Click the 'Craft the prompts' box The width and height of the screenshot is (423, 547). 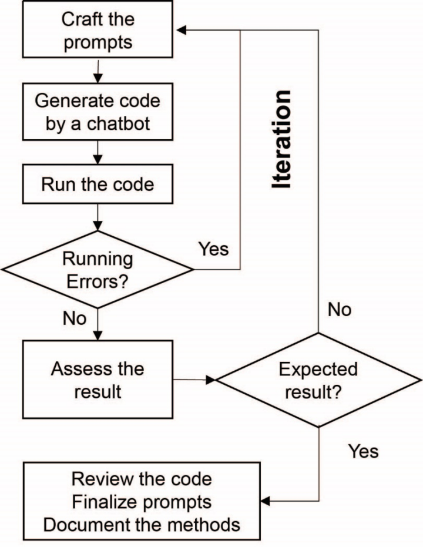(x=98, y=29)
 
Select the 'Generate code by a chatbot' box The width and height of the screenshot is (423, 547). (x=98, y=112)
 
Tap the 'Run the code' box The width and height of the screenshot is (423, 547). (x=98, y=184)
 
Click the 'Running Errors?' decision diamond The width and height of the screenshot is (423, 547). (x=98, y=269)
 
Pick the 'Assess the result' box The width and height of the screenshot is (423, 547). (x=98, y=380)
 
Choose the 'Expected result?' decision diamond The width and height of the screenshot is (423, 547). (x=318, y=380)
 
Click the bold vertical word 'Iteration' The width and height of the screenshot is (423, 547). (x=281, y=140)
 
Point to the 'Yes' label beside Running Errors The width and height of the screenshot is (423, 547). (x=213, y=249)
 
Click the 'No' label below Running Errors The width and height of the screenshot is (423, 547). (x=74, y=318)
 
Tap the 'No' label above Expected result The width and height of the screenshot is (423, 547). (x=340, y=310)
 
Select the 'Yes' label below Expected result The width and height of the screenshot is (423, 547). (x=363, y=451)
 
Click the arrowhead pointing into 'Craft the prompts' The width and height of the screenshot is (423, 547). (x=181, y=31)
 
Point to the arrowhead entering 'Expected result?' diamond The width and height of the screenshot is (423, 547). (x=210, y=380)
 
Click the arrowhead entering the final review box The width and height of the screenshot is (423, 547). (x=265, y=501)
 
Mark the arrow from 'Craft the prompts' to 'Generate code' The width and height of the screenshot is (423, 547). (x=98, y=71)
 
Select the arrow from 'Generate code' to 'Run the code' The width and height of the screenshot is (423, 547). (x=98, y=152)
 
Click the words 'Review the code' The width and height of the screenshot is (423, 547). (x=142, y=479)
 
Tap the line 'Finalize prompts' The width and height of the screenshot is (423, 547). (x=142, y=502)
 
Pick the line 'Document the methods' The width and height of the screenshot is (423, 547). (x=142, y=525)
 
